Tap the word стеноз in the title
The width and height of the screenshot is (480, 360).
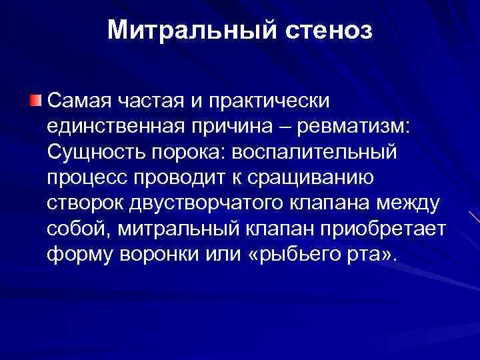327,29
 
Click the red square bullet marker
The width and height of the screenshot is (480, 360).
35,101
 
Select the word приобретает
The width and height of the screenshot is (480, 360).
396,228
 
